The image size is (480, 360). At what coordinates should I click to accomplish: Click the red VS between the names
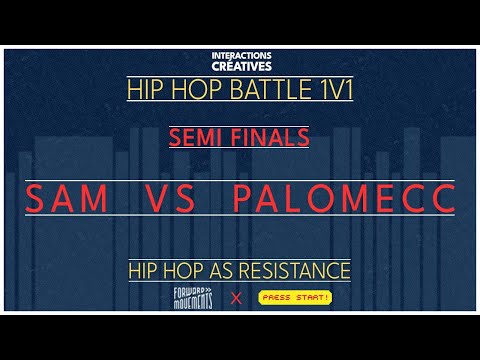176,198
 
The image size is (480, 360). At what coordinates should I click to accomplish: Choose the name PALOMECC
343,198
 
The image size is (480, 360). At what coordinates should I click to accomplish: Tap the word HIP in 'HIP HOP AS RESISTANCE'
145,270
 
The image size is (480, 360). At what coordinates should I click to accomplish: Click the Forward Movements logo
194,297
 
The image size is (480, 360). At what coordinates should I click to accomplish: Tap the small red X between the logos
237,298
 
